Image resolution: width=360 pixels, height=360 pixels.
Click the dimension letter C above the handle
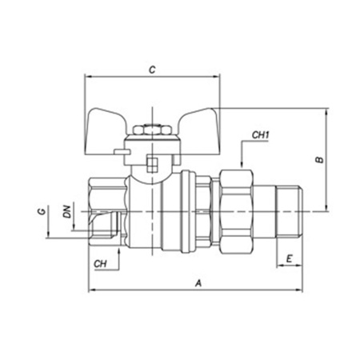tap(152, 70)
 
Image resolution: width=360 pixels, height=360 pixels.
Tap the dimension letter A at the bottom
tap(198, 283)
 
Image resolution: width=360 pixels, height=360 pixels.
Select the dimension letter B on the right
tap(319, 159)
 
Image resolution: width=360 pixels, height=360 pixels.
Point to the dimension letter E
tap(290, 258)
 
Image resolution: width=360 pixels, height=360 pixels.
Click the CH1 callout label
tap(261, 135)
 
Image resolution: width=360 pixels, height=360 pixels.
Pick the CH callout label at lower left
tap(100, 264)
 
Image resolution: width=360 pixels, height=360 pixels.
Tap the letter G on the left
tap(42, 212)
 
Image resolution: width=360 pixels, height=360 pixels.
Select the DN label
tap(67, 211)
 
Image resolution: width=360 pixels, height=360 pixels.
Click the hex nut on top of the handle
tap(152, 130)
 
